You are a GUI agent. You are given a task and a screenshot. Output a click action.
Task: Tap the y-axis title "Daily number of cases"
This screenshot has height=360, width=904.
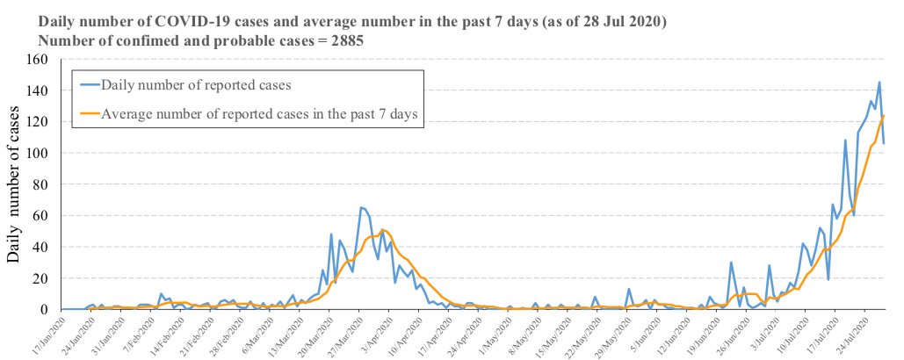click(15, 184)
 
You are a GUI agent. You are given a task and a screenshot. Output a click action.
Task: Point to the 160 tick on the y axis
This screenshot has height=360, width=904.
click(36, 60)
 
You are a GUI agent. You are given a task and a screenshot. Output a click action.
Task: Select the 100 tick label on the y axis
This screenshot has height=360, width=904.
click(36, 154)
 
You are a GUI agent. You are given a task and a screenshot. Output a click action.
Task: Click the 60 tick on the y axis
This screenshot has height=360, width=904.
click(40, 216)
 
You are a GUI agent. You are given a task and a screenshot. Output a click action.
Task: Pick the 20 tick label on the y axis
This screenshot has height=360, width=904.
click(40, 278)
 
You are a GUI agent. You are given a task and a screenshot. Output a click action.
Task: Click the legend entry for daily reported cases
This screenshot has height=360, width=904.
click(196, 85)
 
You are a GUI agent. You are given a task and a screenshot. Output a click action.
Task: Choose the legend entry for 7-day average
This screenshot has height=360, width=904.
click(259, 113)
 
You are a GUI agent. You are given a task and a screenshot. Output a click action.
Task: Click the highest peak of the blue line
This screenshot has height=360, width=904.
click(879, 83)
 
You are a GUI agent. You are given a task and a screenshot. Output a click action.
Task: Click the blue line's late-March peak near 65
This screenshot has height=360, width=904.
click(361, 207)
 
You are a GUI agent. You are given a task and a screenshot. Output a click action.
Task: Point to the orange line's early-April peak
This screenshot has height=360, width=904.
click(383, 229)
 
